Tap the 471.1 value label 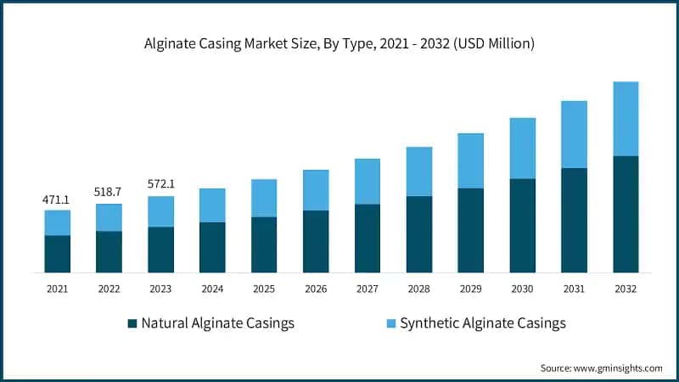click(x=57, y=199)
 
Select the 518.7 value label click(x=109, y=193)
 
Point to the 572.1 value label click(x=160, y=184)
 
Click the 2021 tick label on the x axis click(x=57, y=289)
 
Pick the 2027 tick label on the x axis click(x=367, y=289)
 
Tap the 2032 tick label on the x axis click(x=626, y=289)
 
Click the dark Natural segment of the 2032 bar click(x=626, y=214)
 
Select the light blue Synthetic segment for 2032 click(x=626, y=119)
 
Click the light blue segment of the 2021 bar click(x=57, y=222)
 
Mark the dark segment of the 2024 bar click(x=212, y=247)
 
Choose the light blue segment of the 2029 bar click(x=470, y=160)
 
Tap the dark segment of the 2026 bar click(x=316, y=241)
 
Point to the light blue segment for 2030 click(x=522, y=149)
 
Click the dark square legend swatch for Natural click(x=132, y=323)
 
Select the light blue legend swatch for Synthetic click(x=390, y=323)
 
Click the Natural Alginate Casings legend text click(x=218, y=323)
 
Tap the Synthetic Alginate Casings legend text click(x=482, y=323)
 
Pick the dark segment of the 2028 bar click(x=418, y=234)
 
